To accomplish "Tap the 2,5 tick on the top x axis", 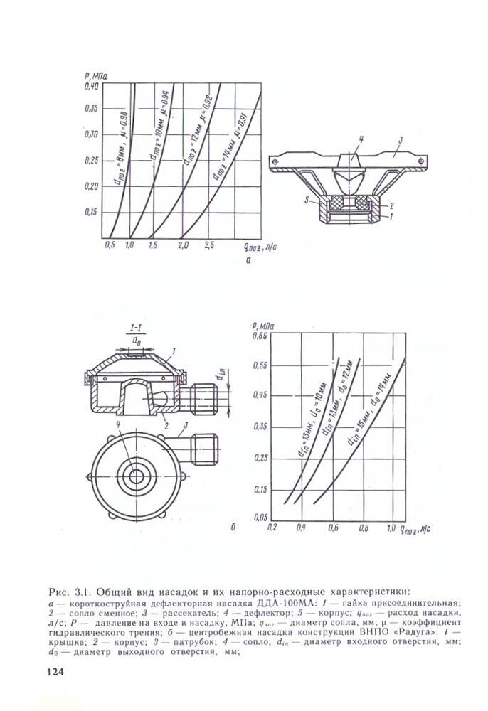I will click(209, 245).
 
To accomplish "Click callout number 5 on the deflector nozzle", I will click(307, 201).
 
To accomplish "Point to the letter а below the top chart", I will click(248, 261).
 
